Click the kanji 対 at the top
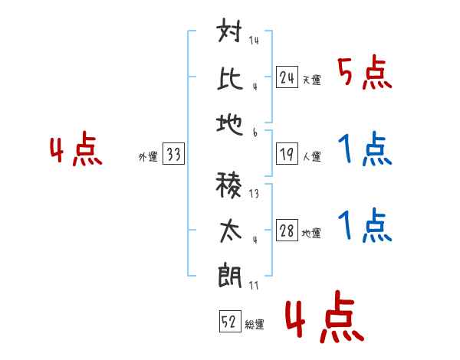tap(229, 30)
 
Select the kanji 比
tap(230, 79)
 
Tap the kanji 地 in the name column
tap(230, 124)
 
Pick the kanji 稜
tap(228, 185)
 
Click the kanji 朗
tap(230, 276)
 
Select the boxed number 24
tap(287, 77)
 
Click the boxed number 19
tap(287, 154)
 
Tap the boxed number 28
tap(287, 230)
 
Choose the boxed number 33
tap(173, 153)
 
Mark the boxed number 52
tap(230, 321)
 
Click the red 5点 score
tap(365, 73)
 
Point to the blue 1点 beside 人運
tap(365, 149)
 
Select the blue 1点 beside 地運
tap(365, 225)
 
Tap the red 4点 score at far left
tap(76, 149)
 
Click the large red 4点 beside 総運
tap(324, 316)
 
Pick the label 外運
tap(148, 157)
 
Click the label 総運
tap(255, 325)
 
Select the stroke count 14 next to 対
tap(254, 40)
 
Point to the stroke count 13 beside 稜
tap(254, 194)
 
